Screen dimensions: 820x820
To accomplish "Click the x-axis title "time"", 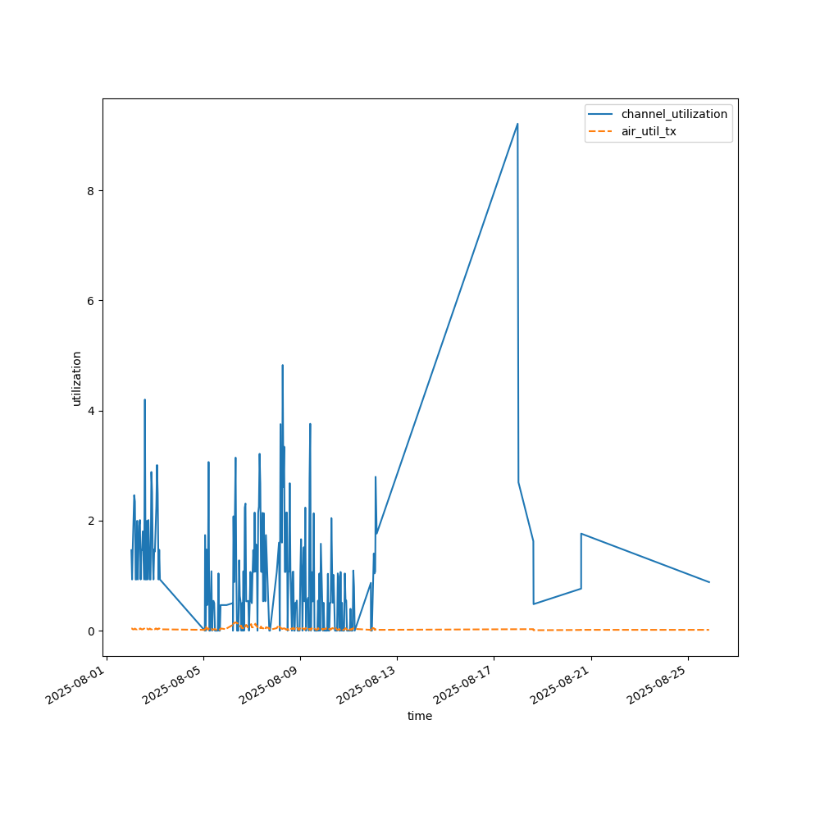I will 420,716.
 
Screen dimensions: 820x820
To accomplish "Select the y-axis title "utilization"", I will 77,378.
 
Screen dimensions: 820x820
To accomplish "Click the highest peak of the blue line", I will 517,124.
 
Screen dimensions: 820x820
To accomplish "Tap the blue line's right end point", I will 709,582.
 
